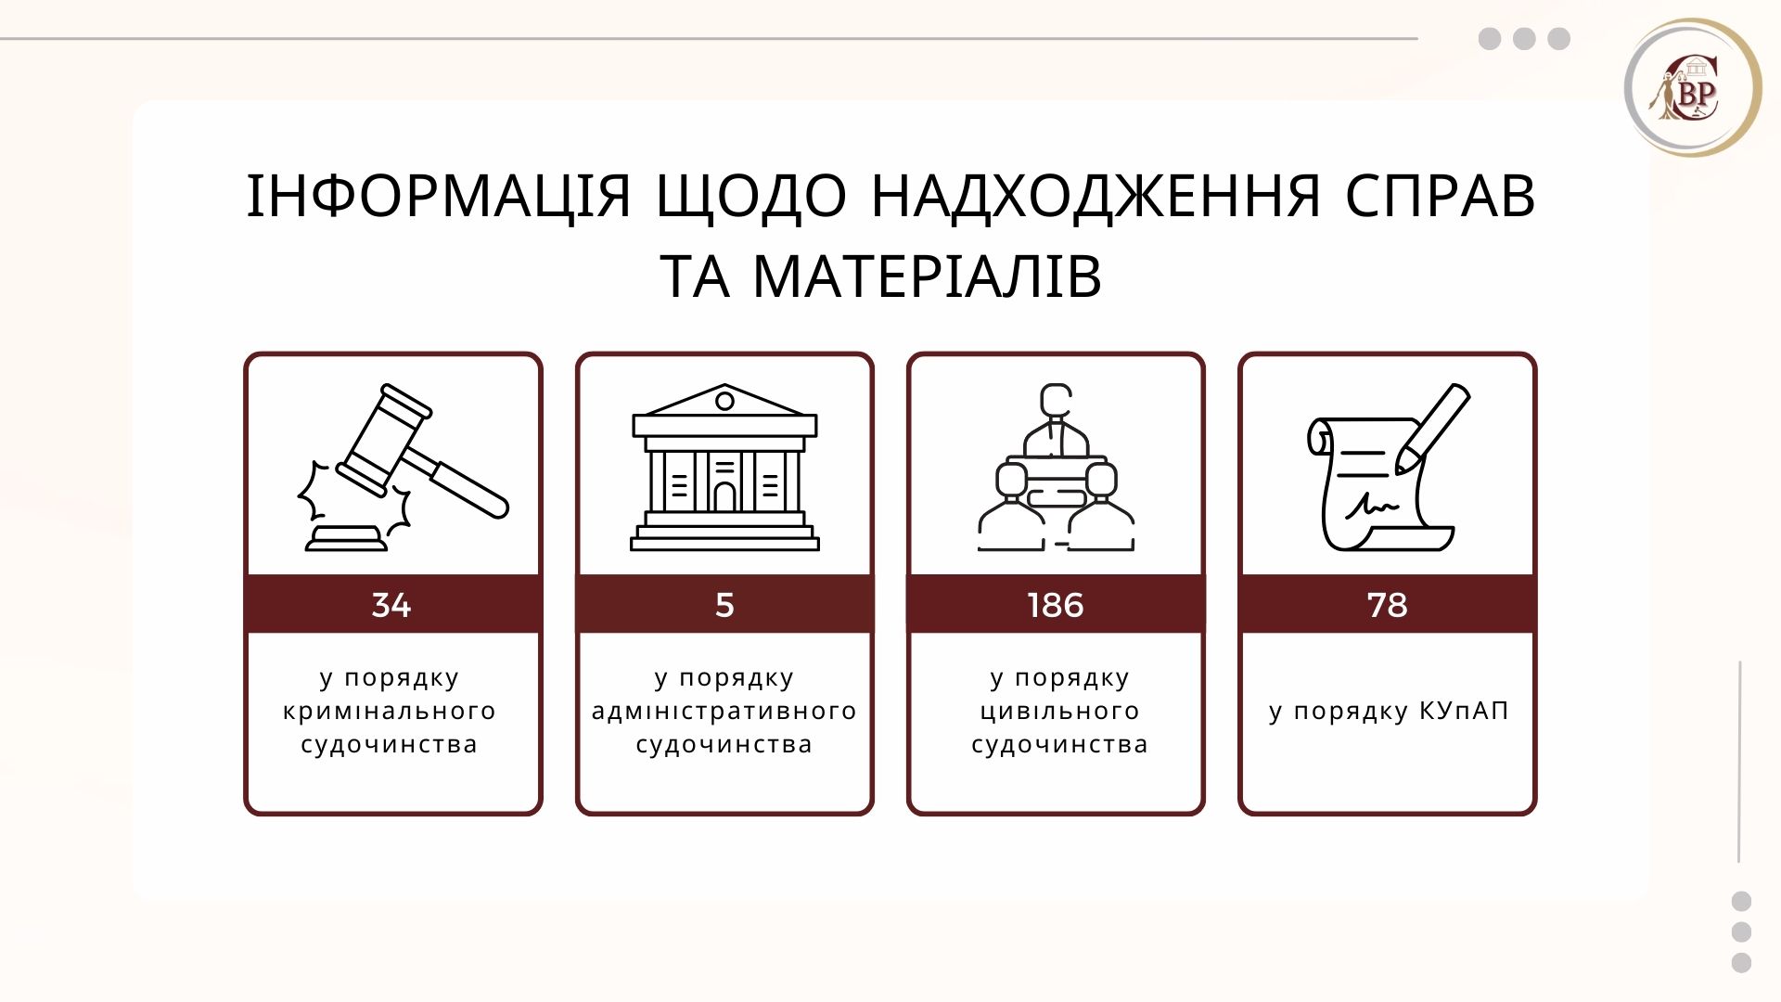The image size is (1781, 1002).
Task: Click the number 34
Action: pos(391,605)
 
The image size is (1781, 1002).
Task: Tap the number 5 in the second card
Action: pos(724,605)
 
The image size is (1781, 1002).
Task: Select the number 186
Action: pos(1056,605)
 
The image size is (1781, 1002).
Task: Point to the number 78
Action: pos(1388,605)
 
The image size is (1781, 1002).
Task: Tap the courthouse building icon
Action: pos(724,468)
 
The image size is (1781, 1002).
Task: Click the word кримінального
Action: pos(390,712)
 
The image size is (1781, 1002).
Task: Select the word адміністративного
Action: pos(724,712)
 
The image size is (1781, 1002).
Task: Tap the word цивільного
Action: pos(1060,712)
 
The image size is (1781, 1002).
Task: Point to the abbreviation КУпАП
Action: pos(1464,711)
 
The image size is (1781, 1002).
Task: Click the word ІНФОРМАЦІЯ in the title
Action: pos(439,197)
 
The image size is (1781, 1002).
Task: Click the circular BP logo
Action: pos(1693,88)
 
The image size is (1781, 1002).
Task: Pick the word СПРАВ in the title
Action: pos(1441,197)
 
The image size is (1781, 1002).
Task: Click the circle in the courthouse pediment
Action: pos(724,402)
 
